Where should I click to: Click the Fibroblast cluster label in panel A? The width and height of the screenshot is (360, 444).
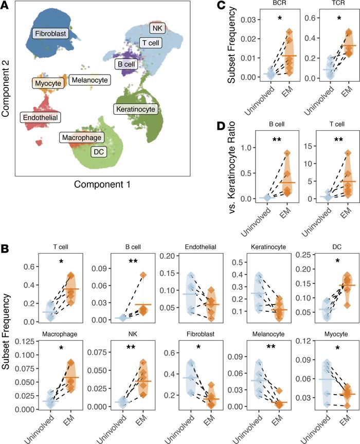coord(50,34)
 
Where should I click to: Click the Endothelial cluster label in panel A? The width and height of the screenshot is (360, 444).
coord(40,117)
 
